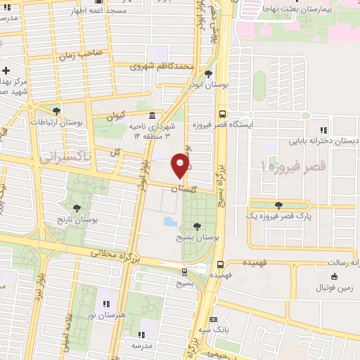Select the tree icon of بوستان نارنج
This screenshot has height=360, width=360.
point(77,208)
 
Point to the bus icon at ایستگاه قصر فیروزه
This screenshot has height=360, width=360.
point(222,113)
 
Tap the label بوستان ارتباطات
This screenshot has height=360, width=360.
point(56,122)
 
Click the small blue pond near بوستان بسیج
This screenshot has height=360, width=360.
point(170,221)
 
